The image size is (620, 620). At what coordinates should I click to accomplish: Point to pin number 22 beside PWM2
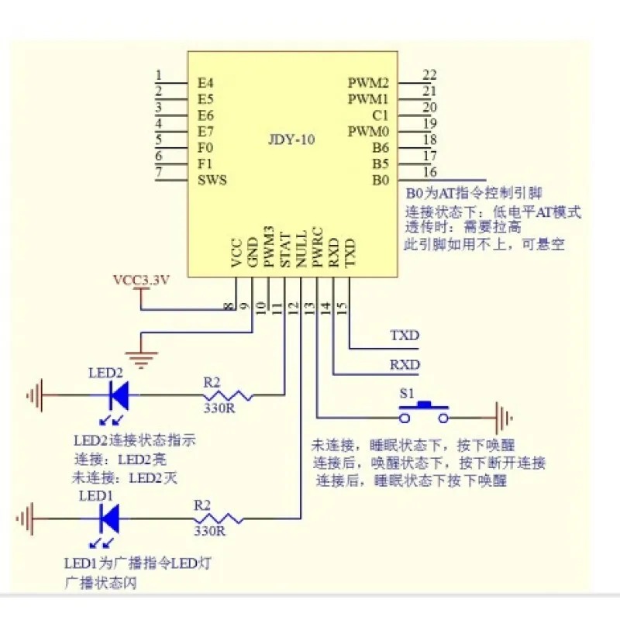[429, 74]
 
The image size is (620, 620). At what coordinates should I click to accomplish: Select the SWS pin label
[212, 180]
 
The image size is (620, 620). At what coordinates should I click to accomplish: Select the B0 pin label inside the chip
[380, 180]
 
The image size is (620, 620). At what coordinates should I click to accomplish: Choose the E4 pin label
[205, 82]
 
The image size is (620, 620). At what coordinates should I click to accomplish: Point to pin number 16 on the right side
[429, 171]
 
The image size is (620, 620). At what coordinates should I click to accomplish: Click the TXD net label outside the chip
[405, 336]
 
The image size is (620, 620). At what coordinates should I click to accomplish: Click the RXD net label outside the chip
[405, 364]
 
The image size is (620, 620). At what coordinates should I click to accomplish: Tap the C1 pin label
[380, 115]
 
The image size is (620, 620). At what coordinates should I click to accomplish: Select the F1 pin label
[205, 164]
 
